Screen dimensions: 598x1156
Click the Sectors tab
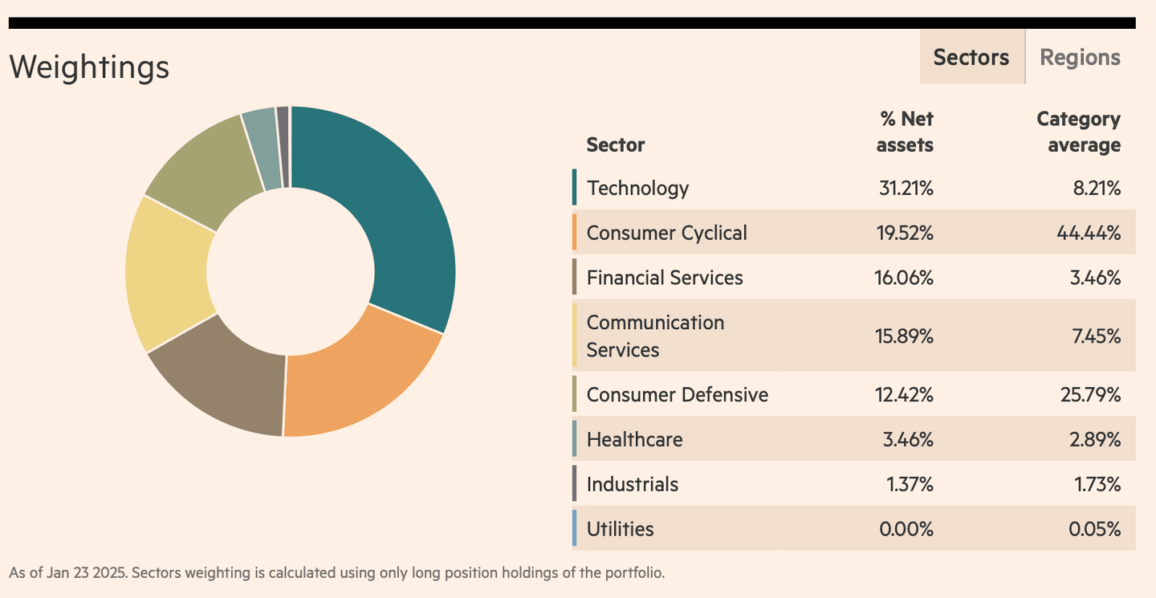971,57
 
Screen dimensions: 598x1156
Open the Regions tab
1080,57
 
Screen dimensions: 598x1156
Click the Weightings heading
89,67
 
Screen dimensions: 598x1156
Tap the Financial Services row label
665,278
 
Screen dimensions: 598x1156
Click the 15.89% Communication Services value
904,336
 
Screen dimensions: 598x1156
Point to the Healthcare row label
634,440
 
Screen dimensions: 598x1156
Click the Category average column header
1078,132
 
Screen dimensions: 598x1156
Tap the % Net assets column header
905,132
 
